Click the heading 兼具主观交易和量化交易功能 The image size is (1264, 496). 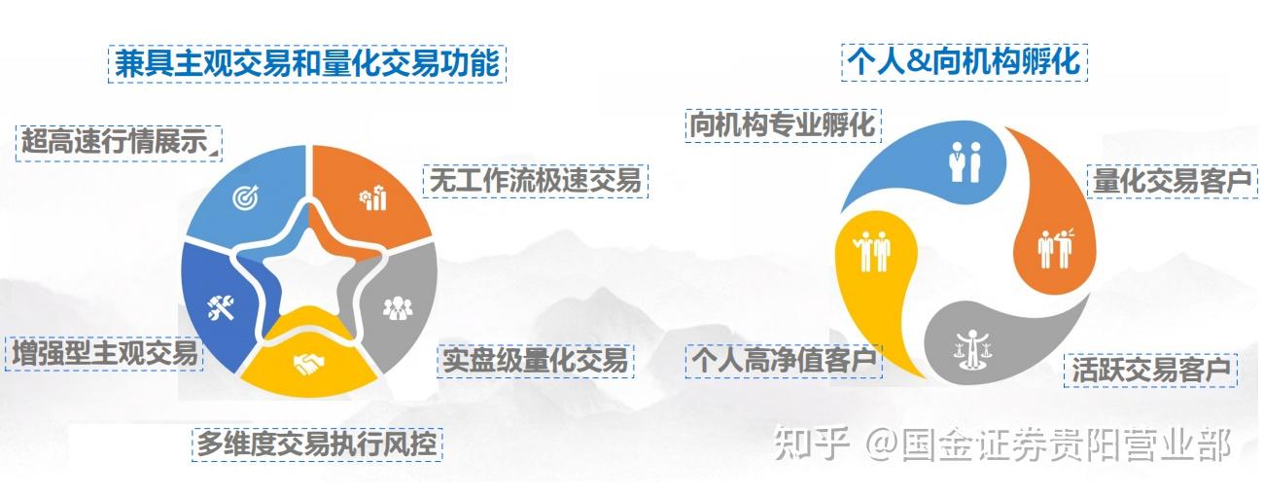click(307, 64)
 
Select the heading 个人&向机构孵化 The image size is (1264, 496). click(964, 62)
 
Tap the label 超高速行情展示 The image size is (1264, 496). click(118, 142)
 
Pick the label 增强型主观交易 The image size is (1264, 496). click(105, 352)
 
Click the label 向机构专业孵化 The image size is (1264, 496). click(782, 124)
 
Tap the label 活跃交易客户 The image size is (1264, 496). click(1151, 370)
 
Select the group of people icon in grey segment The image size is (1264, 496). click(398, 308)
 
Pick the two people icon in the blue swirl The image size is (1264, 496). click(966, 161)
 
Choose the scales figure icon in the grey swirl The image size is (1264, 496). click(966, 347)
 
